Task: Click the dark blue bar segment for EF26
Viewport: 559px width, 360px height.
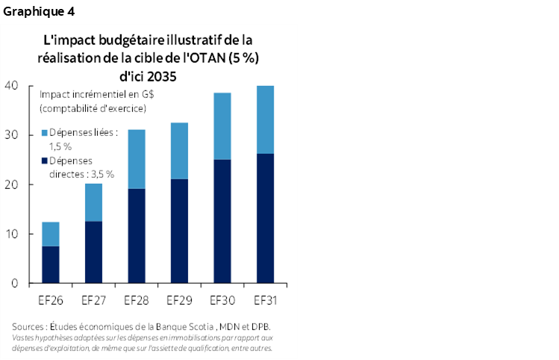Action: point(50,264)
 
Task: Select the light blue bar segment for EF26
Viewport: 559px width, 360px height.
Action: point(50,234)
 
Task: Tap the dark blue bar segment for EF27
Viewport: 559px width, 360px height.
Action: point(93,252)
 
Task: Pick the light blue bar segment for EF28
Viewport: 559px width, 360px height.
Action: point(136,159)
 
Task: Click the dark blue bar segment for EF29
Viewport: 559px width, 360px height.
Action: point(179,231)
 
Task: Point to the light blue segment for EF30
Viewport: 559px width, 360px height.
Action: point(222,126)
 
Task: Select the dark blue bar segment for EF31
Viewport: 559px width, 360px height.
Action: point(265,218)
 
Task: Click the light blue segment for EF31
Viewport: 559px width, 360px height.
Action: point(265,120)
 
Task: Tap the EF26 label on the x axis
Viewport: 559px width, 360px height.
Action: point(50,301)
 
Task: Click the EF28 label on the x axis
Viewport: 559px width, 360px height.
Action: point(136,301)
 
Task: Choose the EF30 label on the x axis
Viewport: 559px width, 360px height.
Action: point(222,301)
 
